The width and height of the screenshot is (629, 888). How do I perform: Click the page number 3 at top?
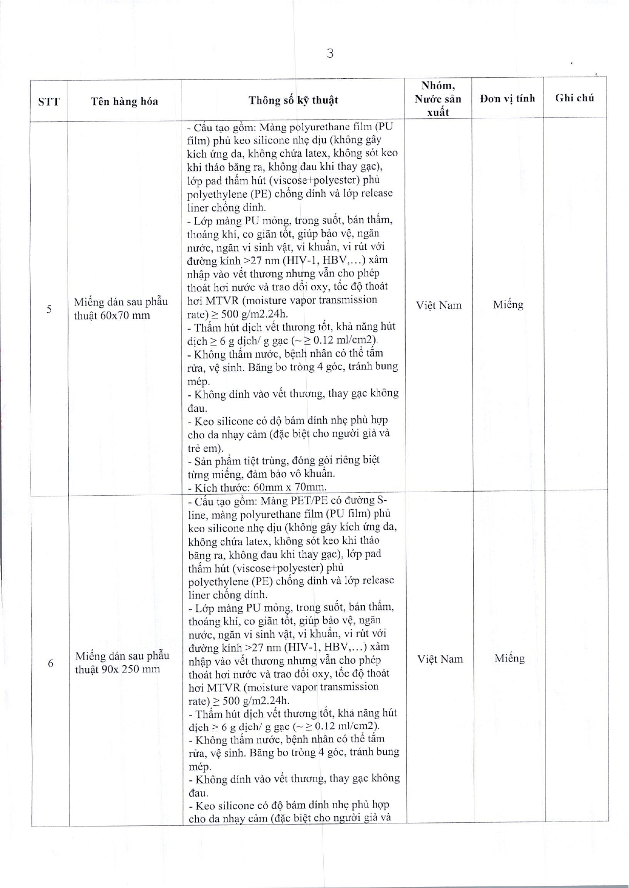point(330,53)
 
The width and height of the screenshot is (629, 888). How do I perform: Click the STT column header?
point(49,101)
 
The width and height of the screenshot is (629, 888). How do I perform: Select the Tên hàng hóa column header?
point(124,101)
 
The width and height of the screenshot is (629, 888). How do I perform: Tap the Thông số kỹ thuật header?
point(293,100)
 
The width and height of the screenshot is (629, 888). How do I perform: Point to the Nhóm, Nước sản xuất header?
point(438,98)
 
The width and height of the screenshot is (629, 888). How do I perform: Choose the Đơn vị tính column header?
point(507,98)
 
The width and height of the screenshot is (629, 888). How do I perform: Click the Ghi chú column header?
point(575,98)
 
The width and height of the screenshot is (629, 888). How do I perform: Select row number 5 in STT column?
point(49,309)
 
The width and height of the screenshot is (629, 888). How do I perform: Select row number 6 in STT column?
point(50,663)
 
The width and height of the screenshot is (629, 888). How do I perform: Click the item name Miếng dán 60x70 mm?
point(121,308)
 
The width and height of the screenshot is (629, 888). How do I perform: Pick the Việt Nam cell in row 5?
point(438,306)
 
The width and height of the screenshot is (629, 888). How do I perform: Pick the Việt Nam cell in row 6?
point(440,659)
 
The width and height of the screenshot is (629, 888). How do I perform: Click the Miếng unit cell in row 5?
point(508,305)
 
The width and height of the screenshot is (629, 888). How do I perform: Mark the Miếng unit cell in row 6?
point(510,659)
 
